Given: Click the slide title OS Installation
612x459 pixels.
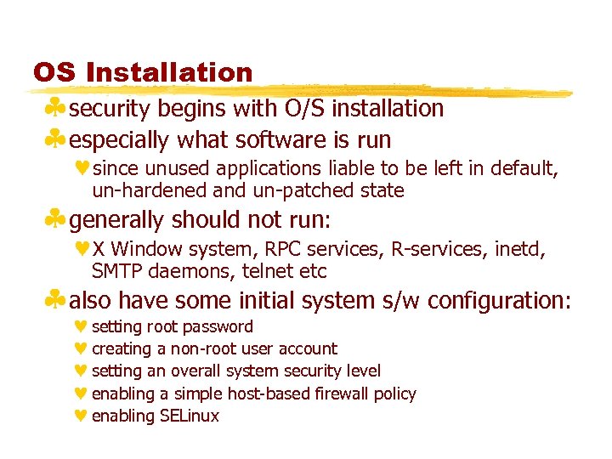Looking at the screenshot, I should [x=143, y=72].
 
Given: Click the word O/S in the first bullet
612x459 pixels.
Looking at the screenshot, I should [x=307, y=109].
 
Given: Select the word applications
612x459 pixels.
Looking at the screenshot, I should [x=265, y=169].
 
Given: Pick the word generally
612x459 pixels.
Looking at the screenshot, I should [x=117, y=220].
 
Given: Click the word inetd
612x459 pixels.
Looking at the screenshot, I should [x=518, y=250].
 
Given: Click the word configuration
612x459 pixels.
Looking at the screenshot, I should [x=498, y=301].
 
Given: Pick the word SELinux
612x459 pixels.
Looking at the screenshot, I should [x=190, y=416].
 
